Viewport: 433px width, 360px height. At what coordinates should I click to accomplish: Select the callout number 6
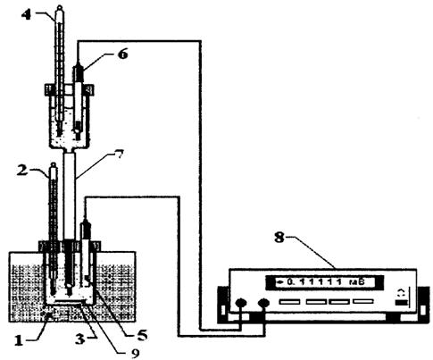(x=123, y=54)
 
